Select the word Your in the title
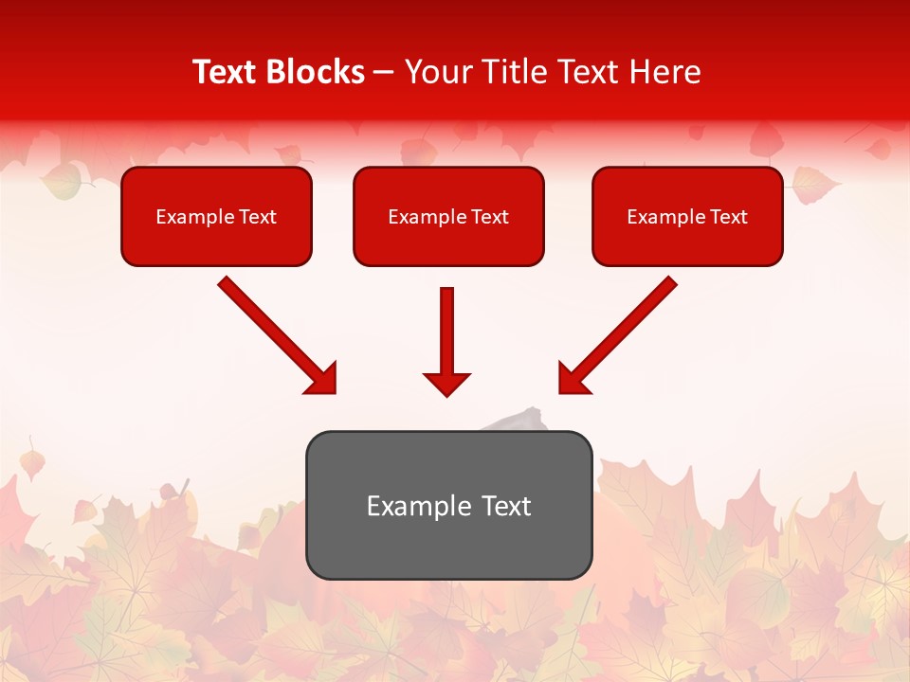coord(438,72)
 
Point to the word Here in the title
coord(665,72)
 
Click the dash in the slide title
coord(385,73)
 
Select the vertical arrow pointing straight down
coord(447,332)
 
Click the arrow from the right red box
coord(621,332)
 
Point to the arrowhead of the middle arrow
coord(447,384)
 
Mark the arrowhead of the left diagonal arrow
coord(322,379)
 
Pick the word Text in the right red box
coord(728,217)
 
